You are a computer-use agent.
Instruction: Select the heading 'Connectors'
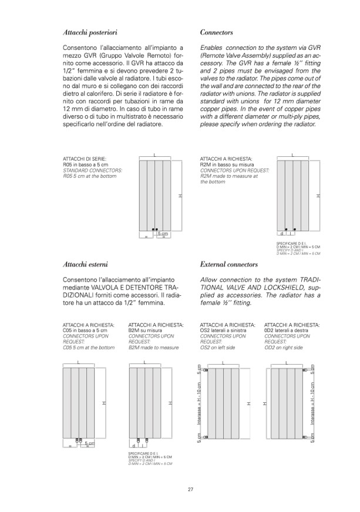217,33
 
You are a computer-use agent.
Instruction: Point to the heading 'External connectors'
229,264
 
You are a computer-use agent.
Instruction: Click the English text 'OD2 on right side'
284,348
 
